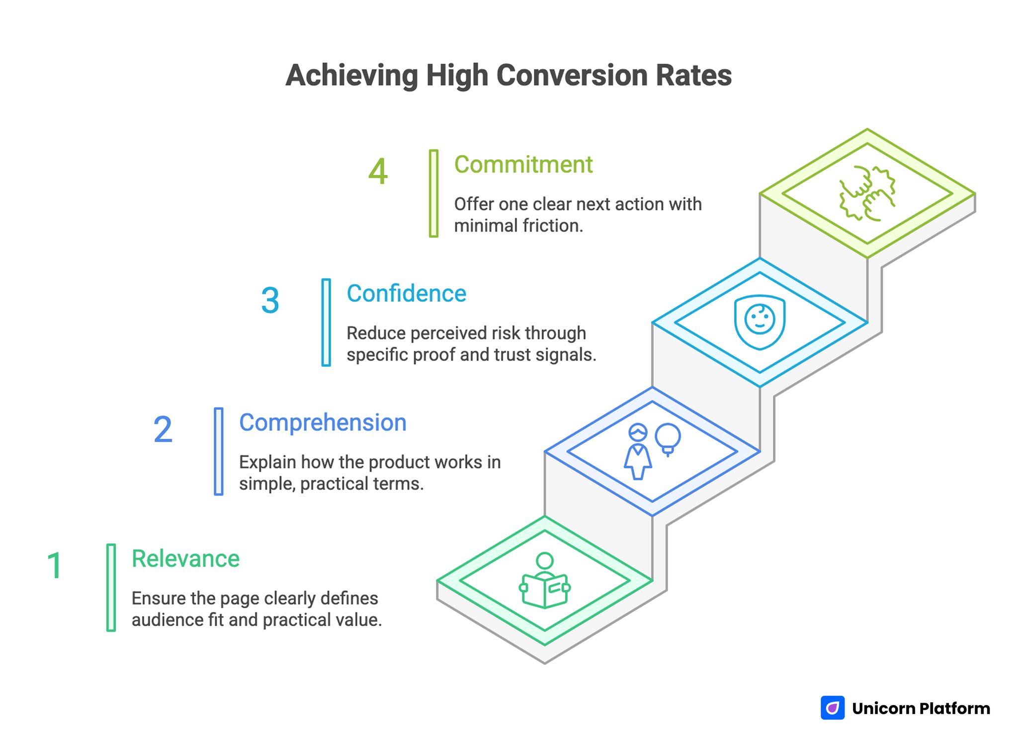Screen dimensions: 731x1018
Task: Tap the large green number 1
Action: click(54, 566)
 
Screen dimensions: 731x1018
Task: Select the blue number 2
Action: click(163, 429)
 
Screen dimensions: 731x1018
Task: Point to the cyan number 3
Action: click(270, 301)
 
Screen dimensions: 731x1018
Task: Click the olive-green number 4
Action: click(378, 171)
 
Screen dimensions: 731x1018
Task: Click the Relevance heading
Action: click(185, 559)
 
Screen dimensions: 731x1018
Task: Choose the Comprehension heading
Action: click(323, 422)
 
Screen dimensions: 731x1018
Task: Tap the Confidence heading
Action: click(406, 293)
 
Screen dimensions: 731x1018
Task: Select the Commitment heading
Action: click(523, 164)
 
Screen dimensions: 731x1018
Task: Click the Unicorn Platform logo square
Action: click(833, 708)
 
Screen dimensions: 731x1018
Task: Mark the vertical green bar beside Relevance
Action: click(111, 587)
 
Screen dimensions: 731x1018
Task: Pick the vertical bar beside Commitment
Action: click(433, 193)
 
